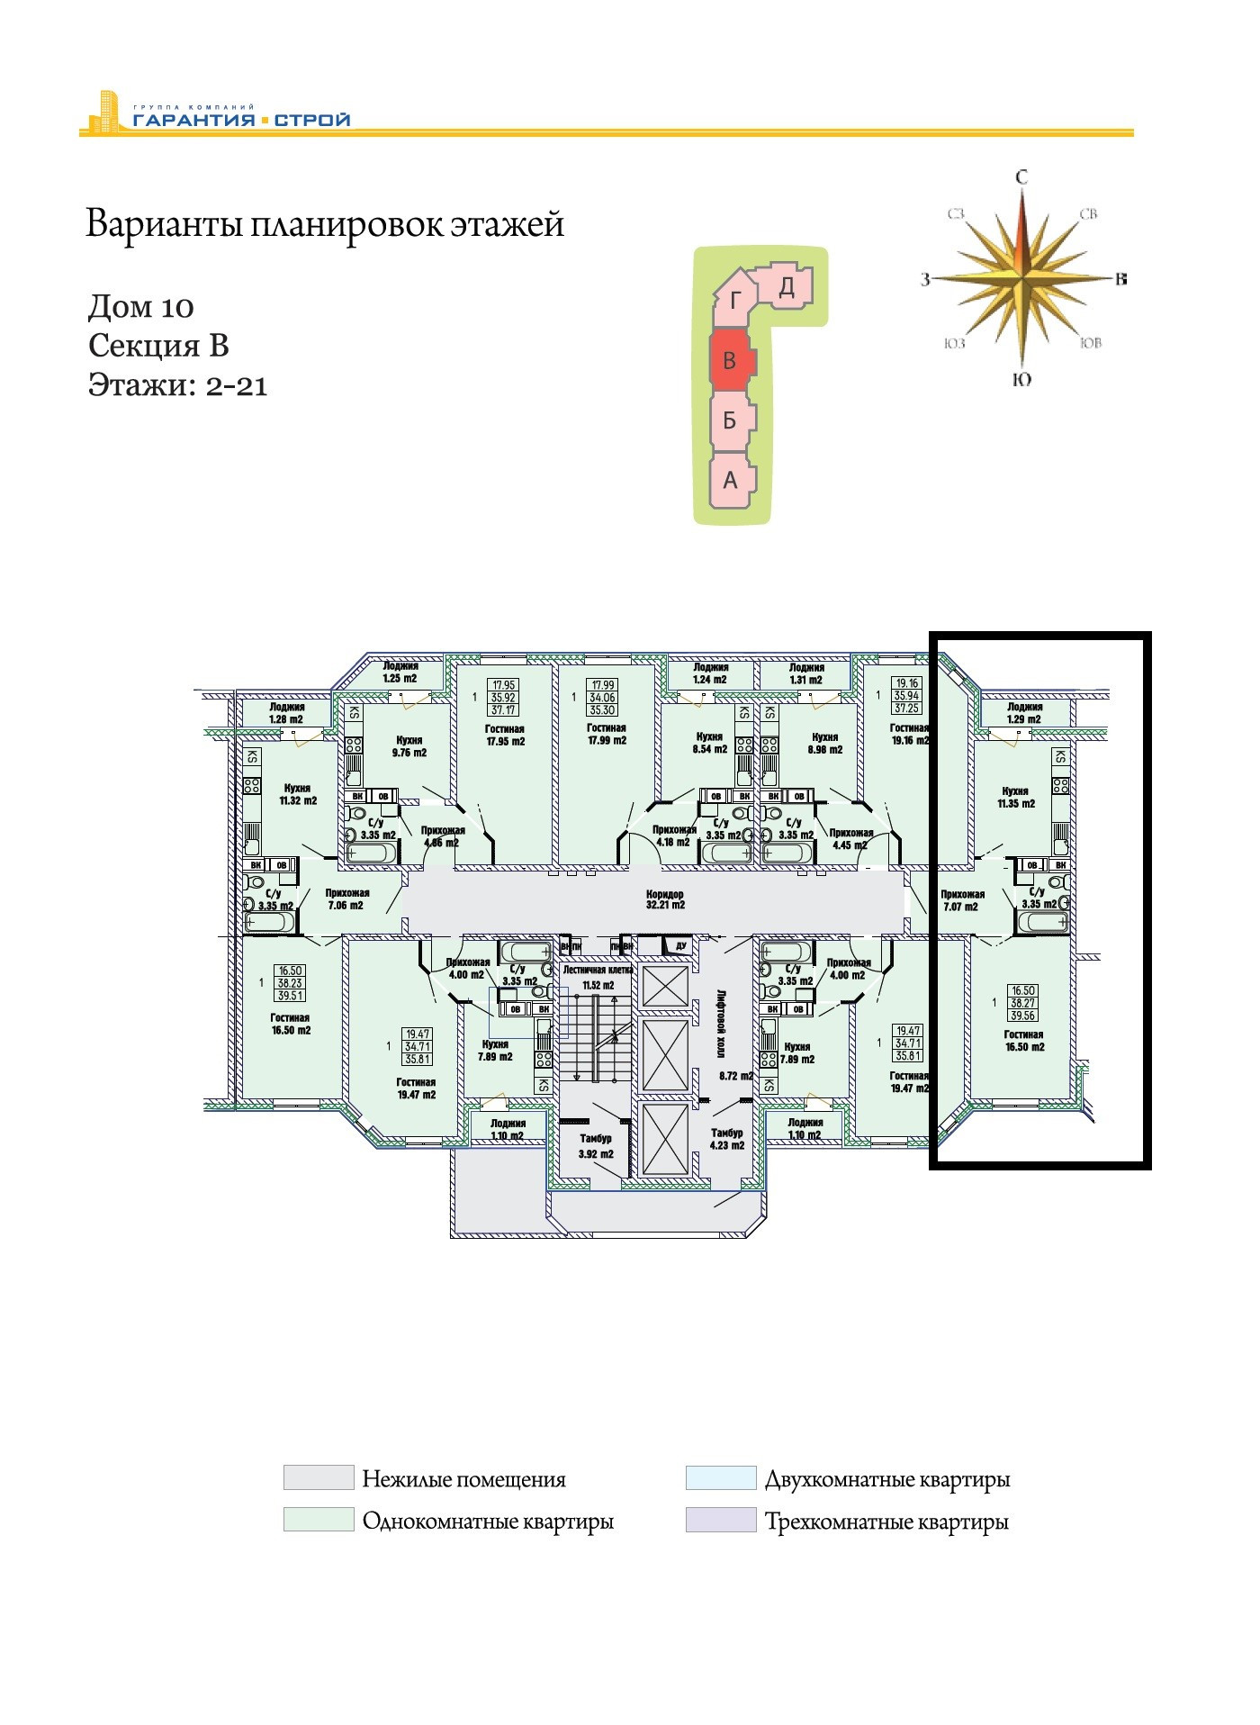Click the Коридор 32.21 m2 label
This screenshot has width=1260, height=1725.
[665, 899]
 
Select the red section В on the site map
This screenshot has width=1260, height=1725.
[730, 361]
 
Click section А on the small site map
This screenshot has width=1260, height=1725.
[730, 480]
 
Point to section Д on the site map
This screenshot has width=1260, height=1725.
[787, 287]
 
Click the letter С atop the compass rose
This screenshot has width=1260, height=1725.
[1021, 177]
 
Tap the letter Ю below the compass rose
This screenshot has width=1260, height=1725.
[1021, 380]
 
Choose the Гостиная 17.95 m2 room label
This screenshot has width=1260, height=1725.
[505, 736]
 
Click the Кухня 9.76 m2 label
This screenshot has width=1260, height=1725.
[409, 746]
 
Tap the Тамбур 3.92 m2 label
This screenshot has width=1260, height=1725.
[596, 1146]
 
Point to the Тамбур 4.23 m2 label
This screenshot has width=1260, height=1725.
[727, 1139]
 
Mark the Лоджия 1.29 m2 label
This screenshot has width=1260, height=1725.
[1024, 713]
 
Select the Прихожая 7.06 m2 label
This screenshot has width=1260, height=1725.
[346, 899]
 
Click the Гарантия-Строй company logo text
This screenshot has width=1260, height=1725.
[241, 119]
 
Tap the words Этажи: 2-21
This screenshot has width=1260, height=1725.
[177, 385]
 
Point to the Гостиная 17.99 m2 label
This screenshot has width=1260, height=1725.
[606, 735]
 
